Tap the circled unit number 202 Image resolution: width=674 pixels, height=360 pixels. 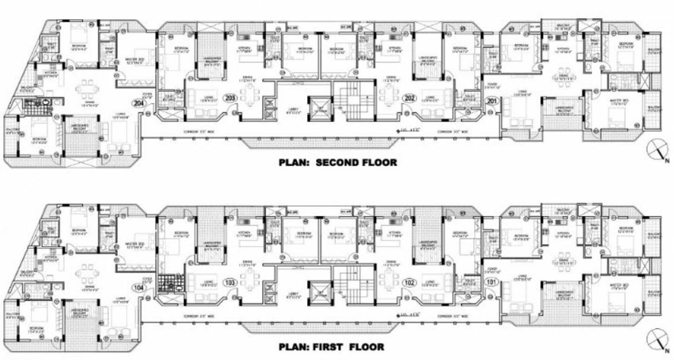click(410, 98)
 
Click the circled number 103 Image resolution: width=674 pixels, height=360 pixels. click(231, 282)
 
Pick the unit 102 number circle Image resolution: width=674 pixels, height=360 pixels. click(410, 282)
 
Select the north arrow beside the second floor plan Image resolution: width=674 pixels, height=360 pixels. click(657, 151)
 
